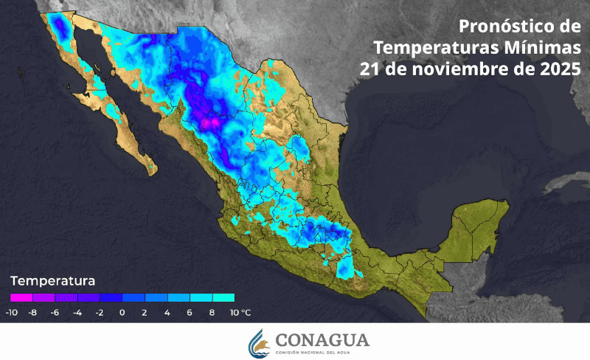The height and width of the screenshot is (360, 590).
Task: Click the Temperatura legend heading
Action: tap(52, 281)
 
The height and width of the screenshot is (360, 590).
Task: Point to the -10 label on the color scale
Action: tap(11, 312)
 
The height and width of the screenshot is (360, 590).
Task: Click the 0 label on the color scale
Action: tap(122, 312)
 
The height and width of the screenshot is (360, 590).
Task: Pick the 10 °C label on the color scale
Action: tap(240, 312)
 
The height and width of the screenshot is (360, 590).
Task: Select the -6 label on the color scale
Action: tap(55, 312)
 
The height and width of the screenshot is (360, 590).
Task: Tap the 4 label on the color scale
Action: tap(167, 312)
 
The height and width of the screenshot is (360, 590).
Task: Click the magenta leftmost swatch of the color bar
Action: tap(21, 298)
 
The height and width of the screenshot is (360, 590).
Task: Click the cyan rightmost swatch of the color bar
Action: tap(223, 298)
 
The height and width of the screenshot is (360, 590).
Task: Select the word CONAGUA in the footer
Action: tap(322, 339)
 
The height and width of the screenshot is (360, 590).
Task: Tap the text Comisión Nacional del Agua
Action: tap(322, 352)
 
